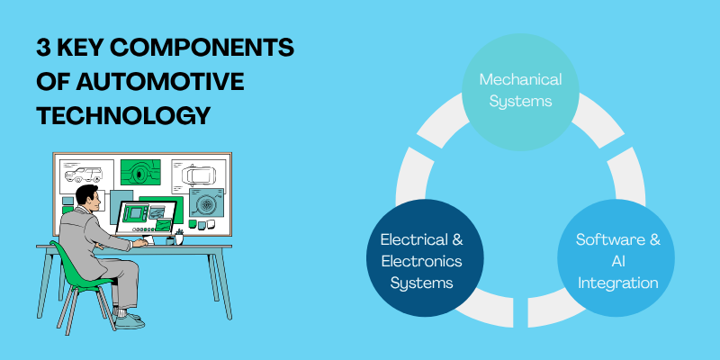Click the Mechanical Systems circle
point(520,90)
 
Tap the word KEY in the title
point(91,48)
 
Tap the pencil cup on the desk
point(180,238)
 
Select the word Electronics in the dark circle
point(421,261)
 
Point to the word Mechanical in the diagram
point(520,79)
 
